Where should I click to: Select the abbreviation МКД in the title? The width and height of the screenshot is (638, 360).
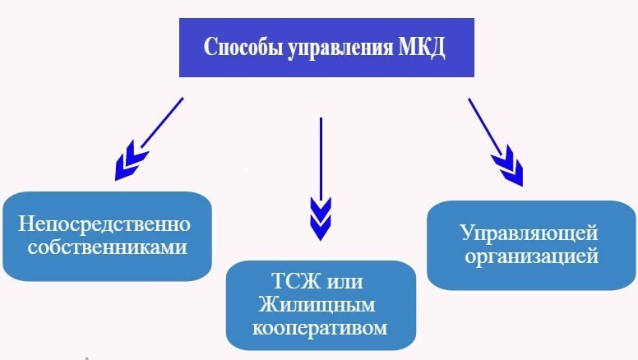coord(422,47)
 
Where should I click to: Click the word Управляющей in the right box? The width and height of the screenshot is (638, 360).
coord(529,233)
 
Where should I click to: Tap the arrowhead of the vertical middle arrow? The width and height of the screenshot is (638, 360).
coord(320,217)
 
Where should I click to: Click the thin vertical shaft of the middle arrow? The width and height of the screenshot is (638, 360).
coord(320,156)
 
